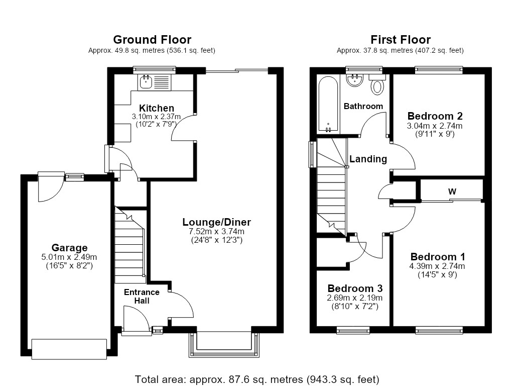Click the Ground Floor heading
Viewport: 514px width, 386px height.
tap(152, 40)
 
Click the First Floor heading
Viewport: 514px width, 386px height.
tap(400, 40)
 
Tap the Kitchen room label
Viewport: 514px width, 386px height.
tap(157, 108)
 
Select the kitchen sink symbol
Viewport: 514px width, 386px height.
tap(145, 82)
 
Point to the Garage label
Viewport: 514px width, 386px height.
tap(69, 247)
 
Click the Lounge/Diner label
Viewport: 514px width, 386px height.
tap(217, 222)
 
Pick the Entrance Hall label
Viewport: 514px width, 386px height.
tap(142, 297)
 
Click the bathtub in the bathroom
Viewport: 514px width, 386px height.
tap(328, 104)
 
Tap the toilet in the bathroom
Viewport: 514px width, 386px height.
tap(377, 84)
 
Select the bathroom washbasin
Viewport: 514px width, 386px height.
tap(355, 80)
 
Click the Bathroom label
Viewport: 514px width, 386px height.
tap(363, 106)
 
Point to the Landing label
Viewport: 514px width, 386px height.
tap(368, 159)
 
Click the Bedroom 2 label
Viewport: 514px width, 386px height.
tap(435, 116)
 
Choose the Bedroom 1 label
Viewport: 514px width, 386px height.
tap(438, 257)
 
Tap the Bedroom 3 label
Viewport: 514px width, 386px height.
tap(355, 288)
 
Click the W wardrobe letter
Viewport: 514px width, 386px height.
tap(452, 191)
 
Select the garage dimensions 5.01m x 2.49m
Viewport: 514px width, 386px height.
tap(69, 257)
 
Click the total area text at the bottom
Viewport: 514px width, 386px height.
tap(257, 379)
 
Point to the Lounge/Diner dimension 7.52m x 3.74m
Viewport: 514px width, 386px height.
tap(217, 231)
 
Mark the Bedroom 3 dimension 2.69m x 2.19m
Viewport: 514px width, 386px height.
tap(355, 298)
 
